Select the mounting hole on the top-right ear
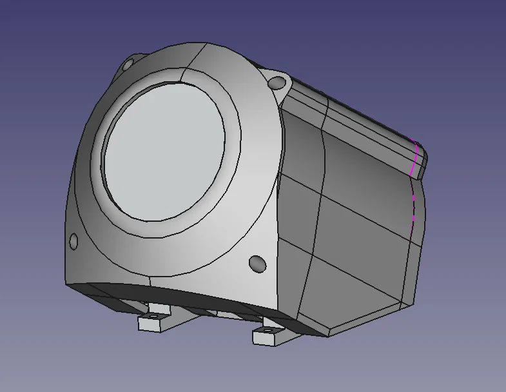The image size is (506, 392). click(277, 83)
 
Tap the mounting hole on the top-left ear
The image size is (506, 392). click(128, 64)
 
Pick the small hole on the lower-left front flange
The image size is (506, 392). click(73, 242)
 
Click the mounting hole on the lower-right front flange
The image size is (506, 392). click(257, 263)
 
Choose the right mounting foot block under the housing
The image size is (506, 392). click(268, 335)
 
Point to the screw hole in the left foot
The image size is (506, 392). click(154, 317)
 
